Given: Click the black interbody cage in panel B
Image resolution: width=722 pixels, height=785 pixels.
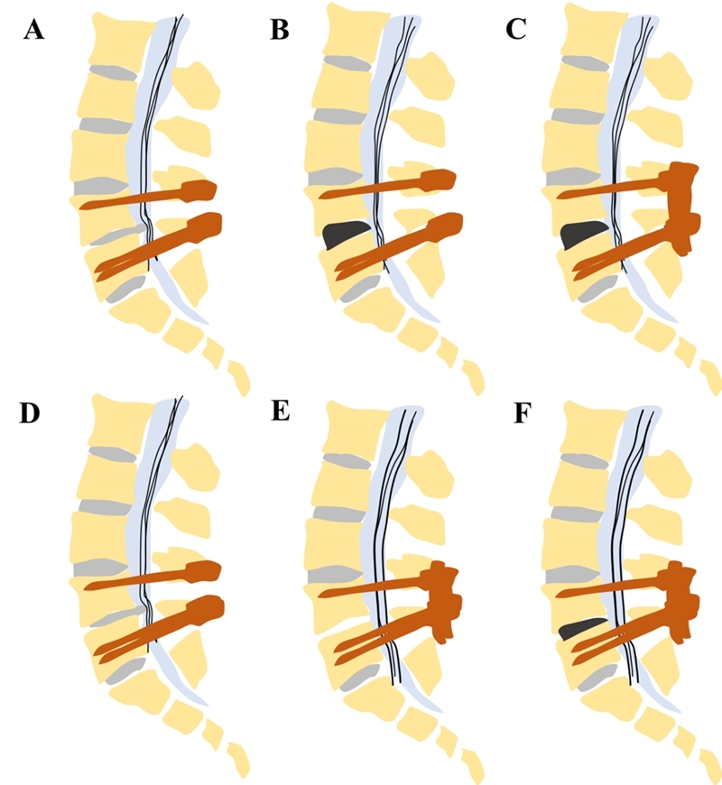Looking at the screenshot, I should pyautogui.click(x=344, y=235).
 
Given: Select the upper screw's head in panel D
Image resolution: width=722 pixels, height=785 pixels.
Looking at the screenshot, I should pyautogui.click(x=205, y=571).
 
